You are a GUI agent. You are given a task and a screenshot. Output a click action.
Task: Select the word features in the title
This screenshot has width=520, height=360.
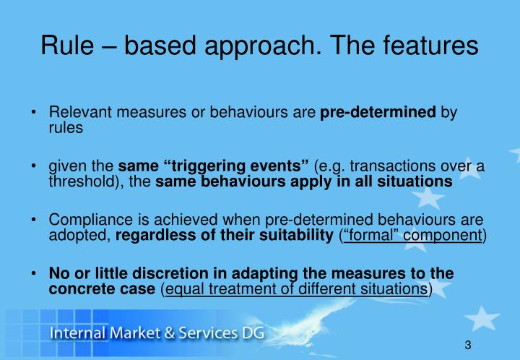[x=426, y=45]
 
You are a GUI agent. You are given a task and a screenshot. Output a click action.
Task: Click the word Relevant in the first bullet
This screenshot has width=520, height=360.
[x=74, y=113]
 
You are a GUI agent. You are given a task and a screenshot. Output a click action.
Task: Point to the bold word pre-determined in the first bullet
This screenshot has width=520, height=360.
[x=378, y=113]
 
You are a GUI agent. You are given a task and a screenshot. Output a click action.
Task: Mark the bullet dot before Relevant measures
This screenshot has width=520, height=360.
[x=35, y=113]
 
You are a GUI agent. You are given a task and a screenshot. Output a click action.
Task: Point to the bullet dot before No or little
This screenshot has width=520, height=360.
[x=35, y=274]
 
